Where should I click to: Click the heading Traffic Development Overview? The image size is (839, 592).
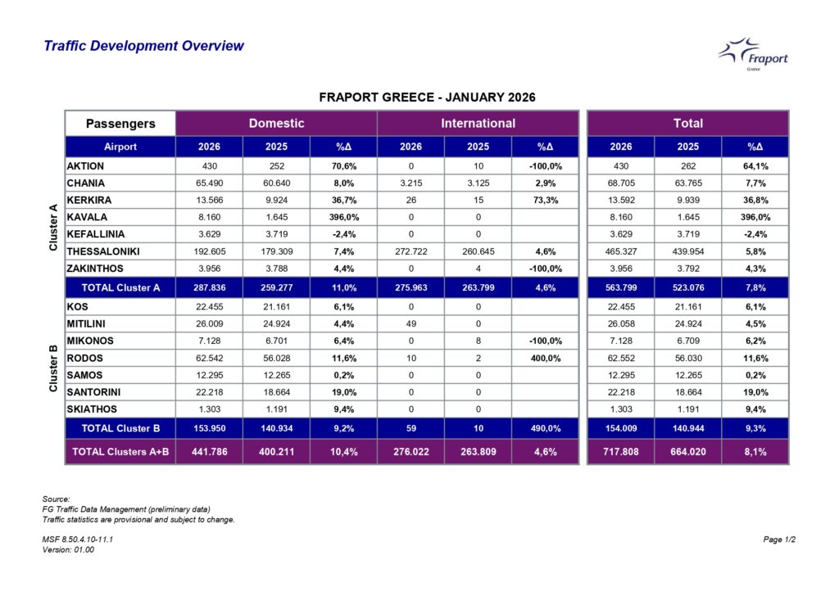(x=143, y=46)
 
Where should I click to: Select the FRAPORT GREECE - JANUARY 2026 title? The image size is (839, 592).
(x=426, y=97)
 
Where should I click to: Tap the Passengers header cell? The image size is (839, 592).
(x=120, y=124)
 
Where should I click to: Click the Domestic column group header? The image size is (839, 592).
(x=276, y=124)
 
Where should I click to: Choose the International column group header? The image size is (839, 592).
(x=478, y=124)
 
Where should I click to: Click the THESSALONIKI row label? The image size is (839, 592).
(x=103, y=251)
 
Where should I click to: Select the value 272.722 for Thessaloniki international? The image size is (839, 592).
(x=410, y=251)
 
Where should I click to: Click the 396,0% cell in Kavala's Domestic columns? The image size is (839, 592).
(x=342, y=217)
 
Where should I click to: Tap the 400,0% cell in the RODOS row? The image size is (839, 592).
(x=545, y=358)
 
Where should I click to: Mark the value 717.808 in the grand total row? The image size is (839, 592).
(x=620, y=451)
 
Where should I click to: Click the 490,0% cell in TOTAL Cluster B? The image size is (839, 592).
(x=545, y=427)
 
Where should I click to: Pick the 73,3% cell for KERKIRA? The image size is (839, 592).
(x=545, y=200)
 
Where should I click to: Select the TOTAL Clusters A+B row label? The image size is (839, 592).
(x=120, y=451)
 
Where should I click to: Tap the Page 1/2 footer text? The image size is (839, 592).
(x=779, y=540)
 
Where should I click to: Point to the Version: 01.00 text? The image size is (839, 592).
(x=68, y=549)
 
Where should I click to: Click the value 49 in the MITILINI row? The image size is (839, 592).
(x=410, y=323)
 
